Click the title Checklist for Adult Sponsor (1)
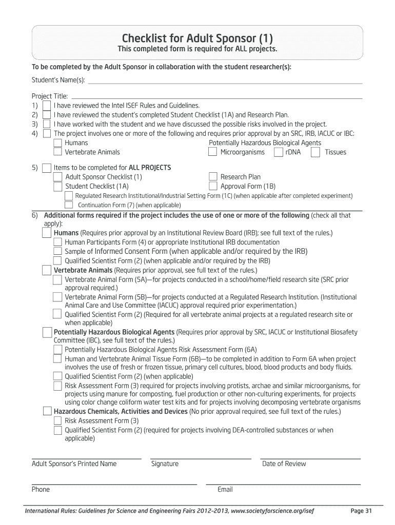point(197,38)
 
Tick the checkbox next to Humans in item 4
point(58,143)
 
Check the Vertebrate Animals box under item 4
point(58,152)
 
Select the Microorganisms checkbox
point(212,152)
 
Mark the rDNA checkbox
point(278,152)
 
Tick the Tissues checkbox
point(315,152)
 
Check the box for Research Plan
point(212,177)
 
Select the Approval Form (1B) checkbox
point(212,186)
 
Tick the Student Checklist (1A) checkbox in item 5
point(58,186)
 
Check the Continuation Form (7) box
point(69,205)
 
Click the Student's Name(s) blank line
point(226,82)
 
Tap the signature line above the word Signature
point(201,457)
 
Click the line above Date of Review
point(310,457)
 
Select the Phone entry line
point(114,483)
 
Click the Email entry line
point(283,483)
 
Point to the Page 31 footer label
point(361,511)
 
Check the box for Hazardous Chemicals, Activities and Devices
point(47,411)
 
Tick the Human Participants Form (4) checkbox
point(58,242)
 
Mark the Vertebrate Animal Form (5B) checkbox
point(58,297)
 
